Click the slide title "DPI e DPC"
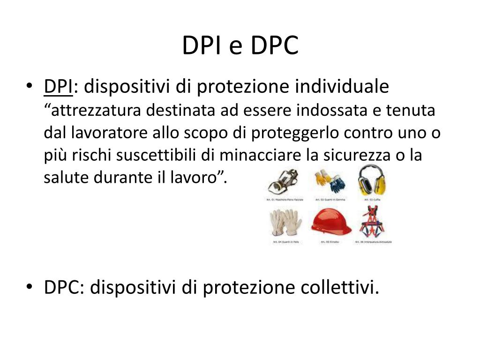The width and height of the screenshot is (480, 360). point(240,45)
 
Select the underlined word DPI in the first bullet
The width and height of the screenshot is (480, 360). point(58,87)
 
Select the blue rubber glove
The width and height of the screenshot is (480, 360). point(336,184)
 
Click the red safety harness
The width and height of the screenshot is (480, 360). point(372,222)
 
